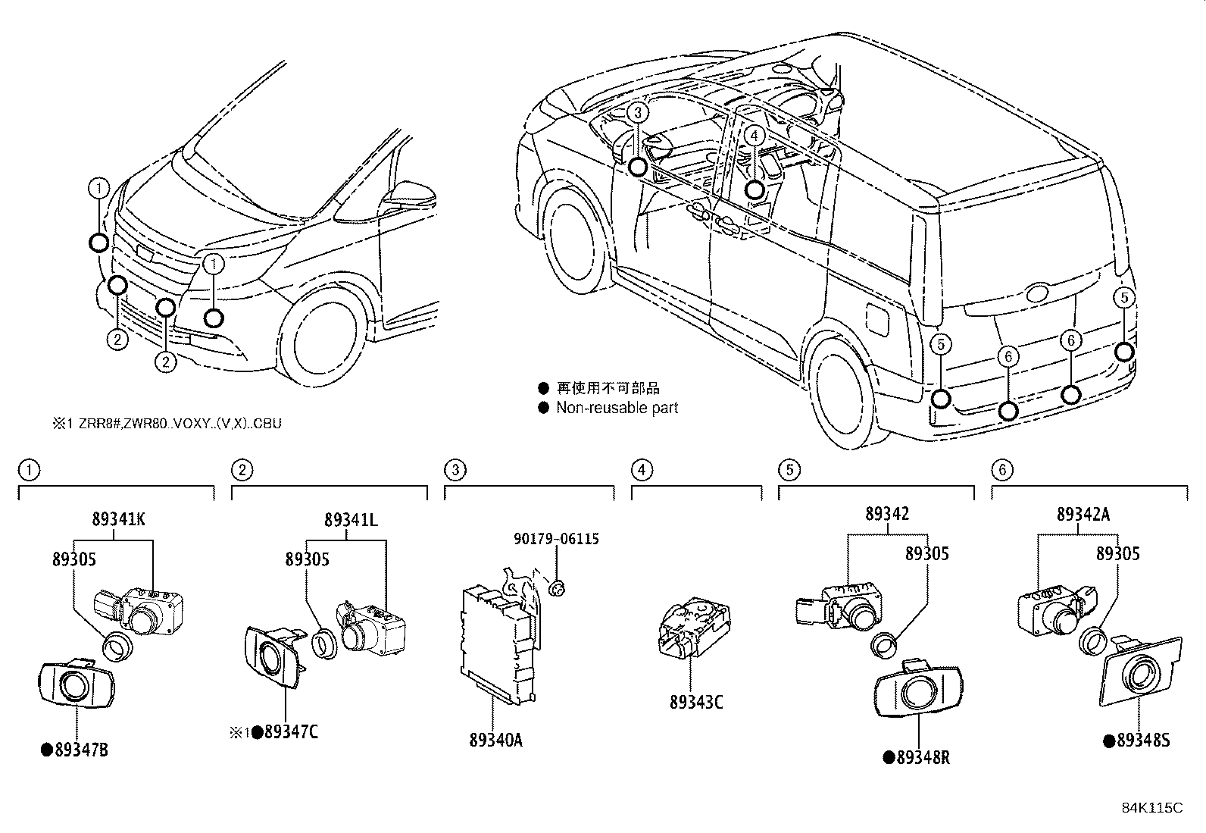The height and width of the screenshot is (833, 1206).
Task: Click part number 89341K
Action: click(118, 521)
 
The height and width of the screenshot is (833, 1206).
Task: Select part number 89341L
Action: click(351, 521)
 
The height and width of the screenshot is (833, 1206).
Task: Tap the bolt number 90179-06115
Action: click(556, 539)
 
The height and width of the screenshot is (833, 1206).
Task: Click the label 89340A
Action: click(495, 741)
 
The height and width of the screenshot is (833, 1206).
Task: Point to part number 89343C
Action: click(695, 703)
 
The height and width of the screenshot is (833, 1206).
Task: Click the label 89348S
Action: click(1142, 741)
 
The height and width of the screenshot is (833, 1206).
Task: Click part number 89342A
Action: click(1083, 515)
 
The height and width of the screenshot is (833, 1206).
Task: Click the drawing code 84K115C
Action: click(1151, 808)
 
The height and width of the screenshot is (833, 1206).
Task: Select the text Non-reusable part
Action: click(617, 408)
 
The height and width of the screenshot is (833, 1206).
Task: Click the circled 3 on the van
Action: click(638, 113)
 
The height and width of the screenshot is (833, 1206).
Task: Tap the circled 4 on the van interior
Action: click(754, 136)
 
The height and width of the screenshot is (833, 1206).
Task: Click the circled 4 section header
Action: click(641, 470)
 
